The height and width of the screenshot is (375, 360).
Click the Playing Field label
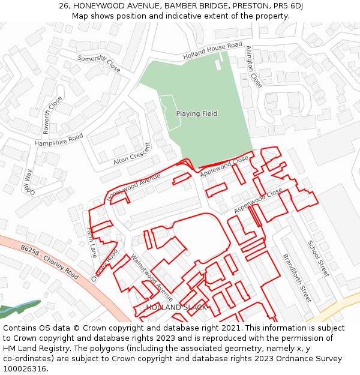tap(196, 113)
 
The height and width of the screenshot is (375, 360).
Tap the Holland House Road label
tap(212, 49)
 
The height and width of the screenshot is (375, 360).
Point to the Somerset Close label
tap(99, 63)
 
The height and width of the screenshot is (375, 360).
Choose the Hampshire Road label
tap(59, 140)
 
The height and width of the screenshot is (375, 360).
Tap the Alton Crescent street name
tap(132, 154)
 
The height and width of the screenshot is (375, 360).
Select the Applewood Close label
tap(224, 166)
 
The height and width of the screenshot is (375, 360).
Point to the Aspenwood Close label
tap(258, 200)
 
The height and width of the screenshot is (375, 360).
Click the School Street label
tap(318, 259)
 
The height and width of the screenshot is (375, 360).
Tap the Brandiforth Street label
tap(297, 278)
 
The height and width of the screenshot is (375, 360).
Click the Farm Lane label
tap(91, 242)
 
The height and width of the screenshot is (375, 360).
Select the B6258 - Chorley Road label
tap(49, 261)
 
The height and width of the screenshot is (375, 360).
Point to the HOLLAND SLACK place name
tap(176, 307)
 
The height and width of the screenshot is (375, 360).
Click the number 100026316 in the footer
tap(25, 368)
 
